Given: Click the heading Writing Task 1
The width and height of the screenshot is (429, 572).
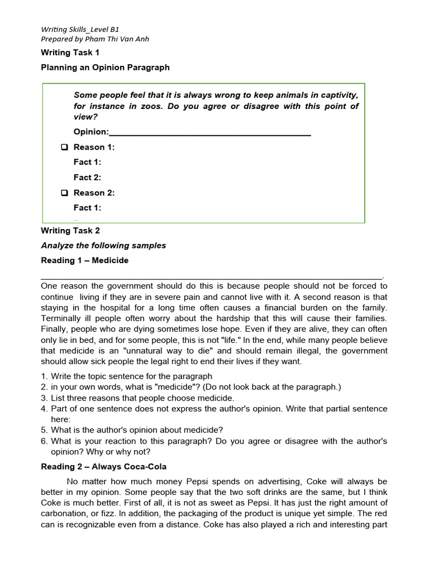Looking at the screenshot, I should (70, 53).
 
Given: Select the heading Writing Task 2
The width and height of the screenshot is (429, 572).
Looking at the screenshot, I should (70, 230).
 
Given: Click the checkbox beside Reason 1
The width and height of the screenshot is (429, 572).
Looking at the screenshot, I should (64, 147).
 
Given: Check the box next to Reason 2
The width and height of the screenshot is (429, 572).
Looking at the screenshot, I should (64, 193).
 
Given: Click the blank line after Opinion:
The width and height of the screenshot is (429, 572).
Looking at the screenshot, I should (209, 133).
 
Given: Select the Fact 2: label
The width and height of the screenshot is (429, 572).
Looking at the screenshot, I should (87, 178).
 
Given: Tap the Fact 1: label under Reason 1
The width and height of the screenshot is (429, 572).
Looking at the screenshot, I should (87, 163).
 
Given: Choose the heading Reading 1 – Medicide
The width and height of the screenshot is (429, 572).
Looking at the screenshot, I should (84, 260).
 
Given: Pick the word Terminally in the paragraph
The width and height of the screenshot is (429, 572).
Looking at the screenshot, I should (61, 318).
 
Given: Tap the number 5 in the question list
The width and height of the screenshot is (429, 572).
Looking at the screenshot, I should (44, 430).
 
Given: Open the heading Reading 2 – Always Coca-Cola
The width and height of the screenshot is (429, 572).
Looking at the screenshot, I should (103, 467).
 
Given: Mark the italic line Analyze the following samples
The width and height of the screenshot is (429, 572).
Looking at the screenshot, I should (103, 245).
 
